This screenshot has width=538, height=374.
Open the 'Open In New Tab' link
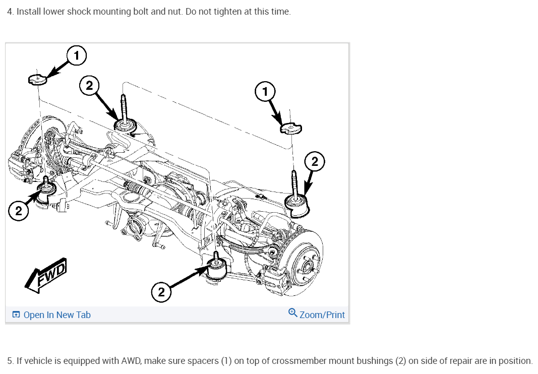click(57, 315)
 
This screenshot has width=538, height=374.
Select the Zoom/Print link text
click(322, 315)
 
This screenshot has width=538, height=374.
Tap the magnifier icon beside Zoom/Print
click(293, 313)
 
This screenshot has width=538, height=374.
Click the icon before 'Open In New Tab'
click(16, 315)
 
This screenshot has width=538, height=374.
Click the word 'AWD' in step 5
click(133, 361)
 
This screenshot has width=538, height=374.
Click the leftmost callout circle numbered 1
click(76, 55)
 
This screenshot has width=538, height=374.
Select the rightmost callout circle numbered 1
click(265, 91)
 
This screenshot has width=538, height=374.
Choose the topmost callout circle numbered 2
click(89, 86)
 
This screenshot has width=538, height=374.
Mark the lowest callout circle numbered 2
click(161, 292)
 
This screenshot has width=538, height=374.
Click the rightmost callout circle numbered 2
click(315, 162)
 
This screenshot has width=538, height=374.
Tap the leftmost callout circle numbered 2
click(19, 211)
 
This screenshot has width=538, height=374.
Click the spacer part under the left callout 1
click(37, 79)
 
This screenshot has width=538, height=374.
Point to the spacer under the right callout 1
click(290, 129)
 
